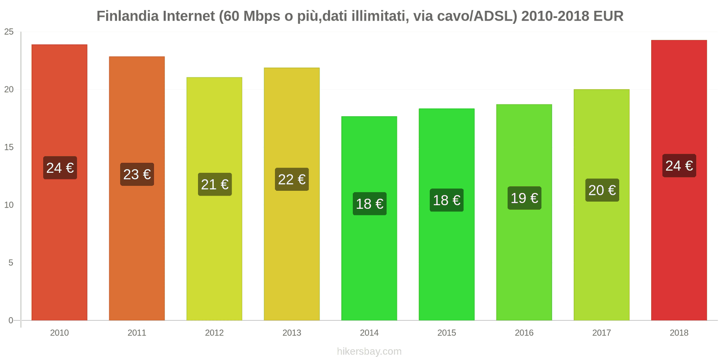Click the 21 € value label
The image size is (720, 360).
[x=215, y=184]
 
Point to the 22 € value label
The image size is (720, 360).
[x=292, y=180]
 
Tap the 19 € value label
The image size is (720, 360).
[x=524, y=198]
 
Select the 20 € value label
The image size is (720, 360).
[x=602, y=190]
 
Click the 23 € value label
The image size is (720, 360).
[x=137, y=175]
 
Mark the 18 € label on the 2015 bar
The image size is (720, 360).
[x=446, y=200]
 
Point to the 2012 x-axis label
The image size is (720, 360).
[x=214, y=333]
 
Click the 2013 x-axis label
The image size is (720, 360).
[x=292, y=333]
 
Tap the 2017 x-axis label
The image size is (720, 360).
[x=602, y=333]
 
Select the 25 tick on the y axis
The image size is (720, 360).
[x=9, y=32]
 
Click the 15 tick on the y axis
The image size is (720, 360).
[x=9, y=147]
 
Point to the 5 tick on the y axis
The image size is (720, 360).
[x=11, y=263]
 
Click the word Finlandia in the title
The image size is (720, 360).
[x=127, y=16]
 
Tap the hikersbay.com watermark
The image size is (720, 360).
[x=369, y=351]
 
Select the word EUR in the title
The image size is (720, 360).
[x=608, y=16]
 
